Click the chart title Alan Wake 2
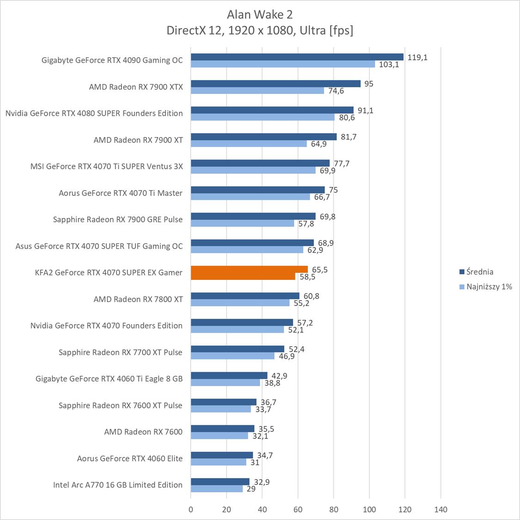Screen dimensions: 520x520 [260, 14]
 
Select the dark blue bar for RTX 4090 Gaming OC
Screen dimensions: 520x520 [297, 57]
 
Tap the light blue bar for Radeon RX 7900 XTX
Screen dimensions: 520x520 [257, 91]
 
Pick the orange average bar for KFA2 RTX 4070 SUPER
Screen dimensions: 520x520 [249, 269]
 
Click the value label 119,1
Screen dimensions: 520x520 [417, 57]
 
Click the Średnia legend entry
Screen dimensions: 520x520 [480, 272]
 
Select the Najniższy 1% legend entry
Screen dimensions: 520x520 [489, 287]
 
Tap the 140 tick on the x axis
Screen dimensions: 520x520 [441, 509]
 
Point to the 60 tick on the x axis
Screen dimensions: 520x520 [298, 509]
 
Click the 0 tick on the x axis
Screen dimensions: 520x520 [191, 509]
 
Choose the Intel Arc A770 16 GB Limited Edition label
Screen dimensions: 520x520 [118, 485]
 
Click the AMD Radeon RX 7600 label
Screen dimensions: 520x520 [143, 432]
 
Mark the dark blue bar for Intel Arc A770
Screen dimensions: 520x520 [220, 482]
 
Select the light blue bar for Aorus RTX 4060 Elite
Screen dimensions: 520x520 [218, 462]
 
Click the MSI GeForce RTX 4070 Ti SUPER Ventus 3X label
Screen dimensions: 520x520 [107, 166]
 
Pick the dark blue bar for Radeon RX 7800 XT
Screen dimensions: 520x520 [245, 296]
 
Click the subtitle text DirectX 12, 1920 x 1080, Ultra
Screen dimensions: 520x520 [260, 30]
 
